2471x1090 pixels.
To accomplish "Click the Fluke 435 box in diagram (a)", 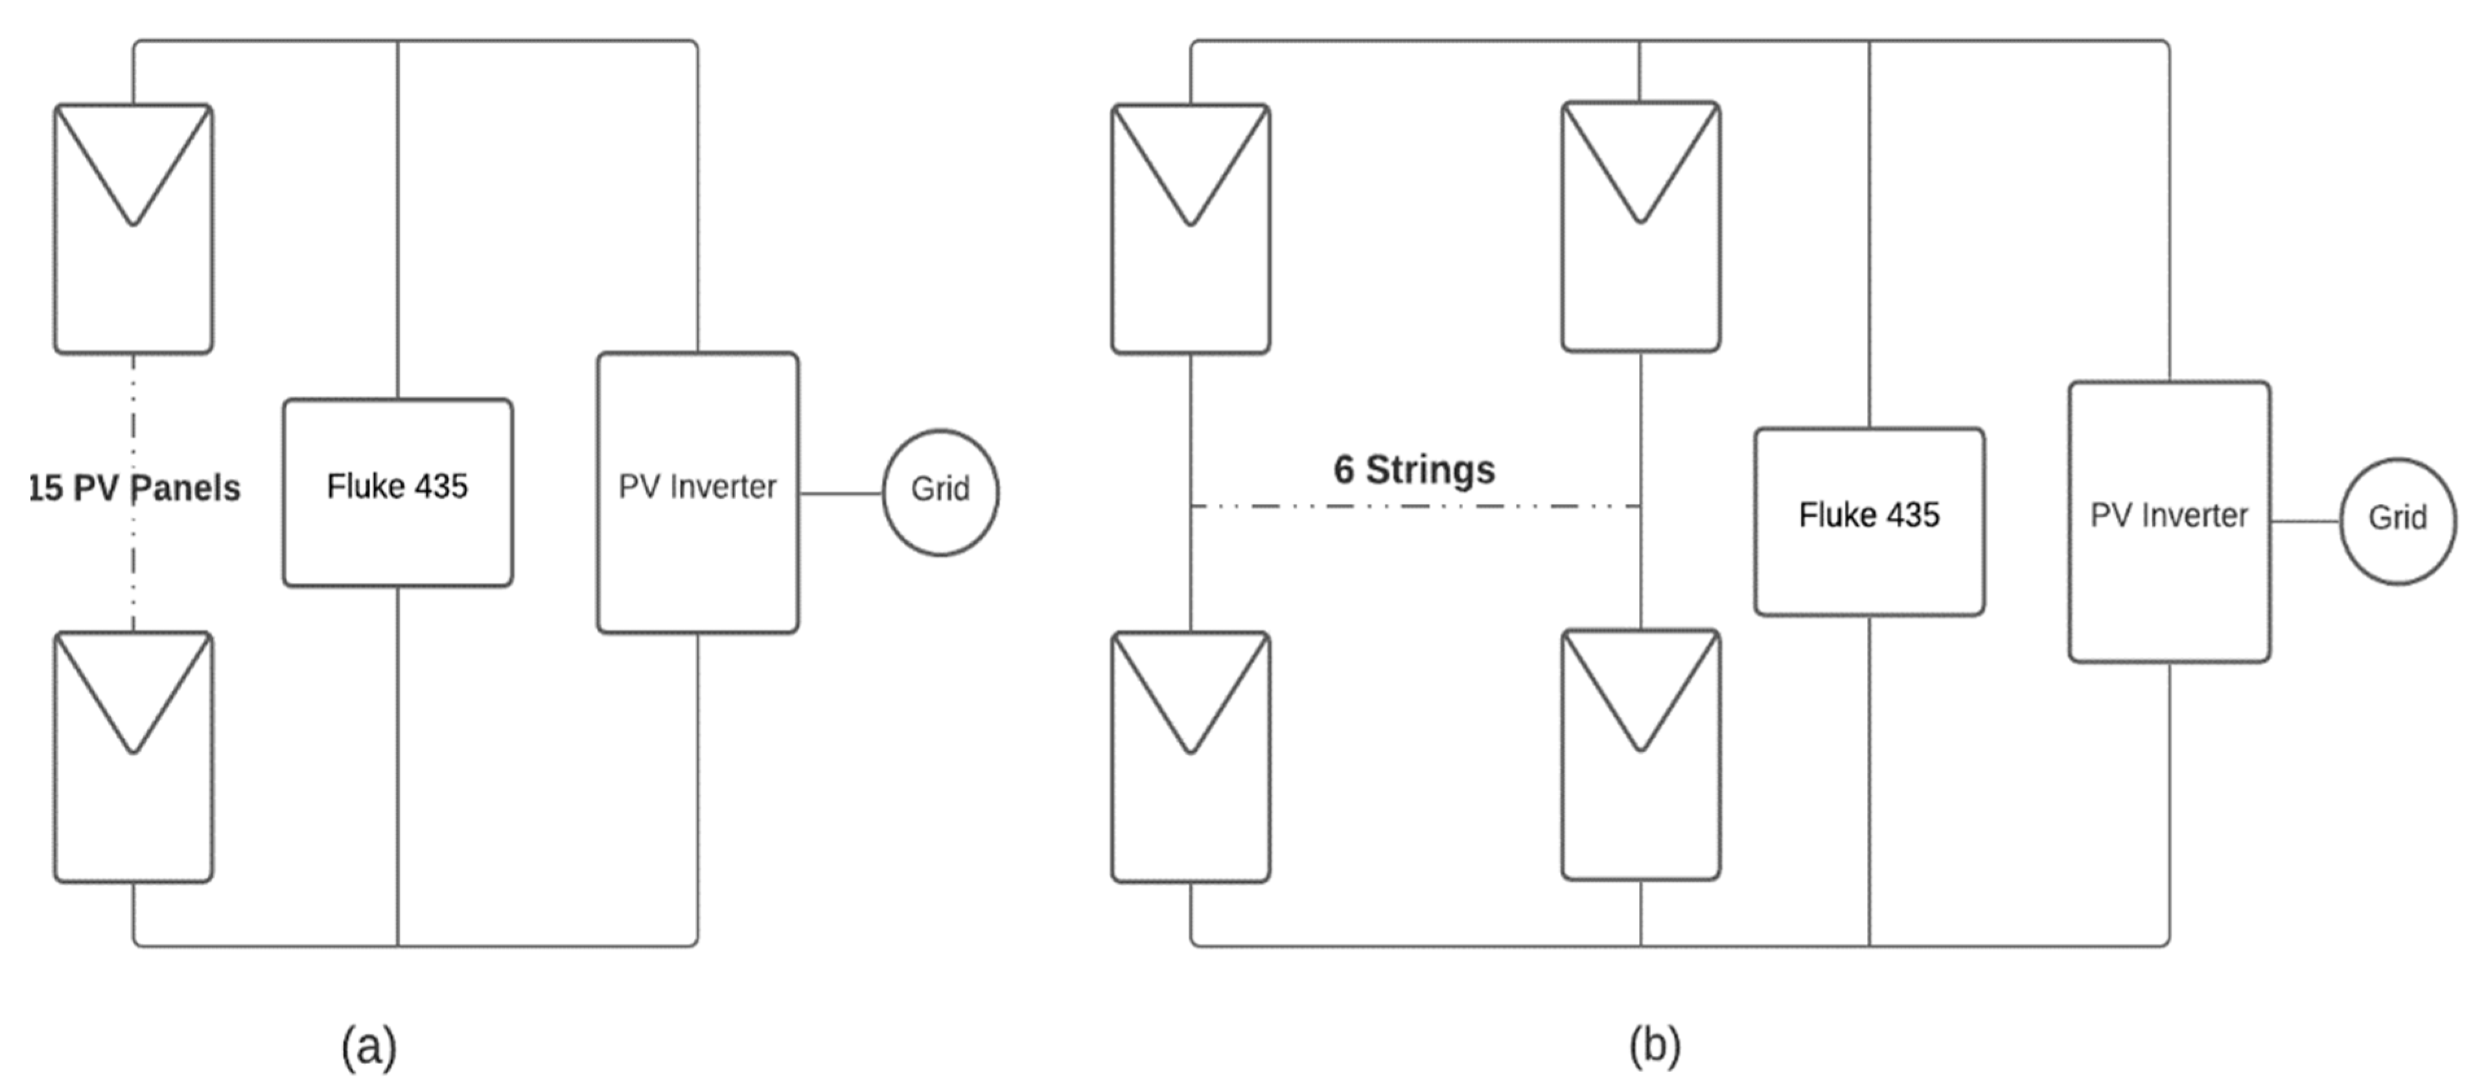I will (397, 538).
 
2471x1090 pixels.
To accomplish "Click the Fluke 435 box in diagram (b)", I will (1868, 566).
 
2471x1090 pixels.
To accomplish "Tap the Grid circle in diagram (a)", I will (940, 492).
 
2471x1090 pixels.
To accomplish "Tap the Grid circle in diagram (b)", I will (2397, 520).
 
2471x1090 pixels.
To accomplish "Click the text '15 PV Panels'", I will (134, 488).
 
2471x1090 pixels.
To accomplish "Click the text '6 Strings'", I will (1414, 469).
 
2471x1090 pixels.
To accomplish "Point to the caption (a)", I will (368, 1046).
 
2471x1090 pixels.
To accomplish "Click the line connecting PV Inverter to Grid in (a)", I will (841, 493).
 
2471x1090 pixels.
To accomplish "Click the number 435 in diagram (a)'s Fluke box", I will (441, 486).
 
